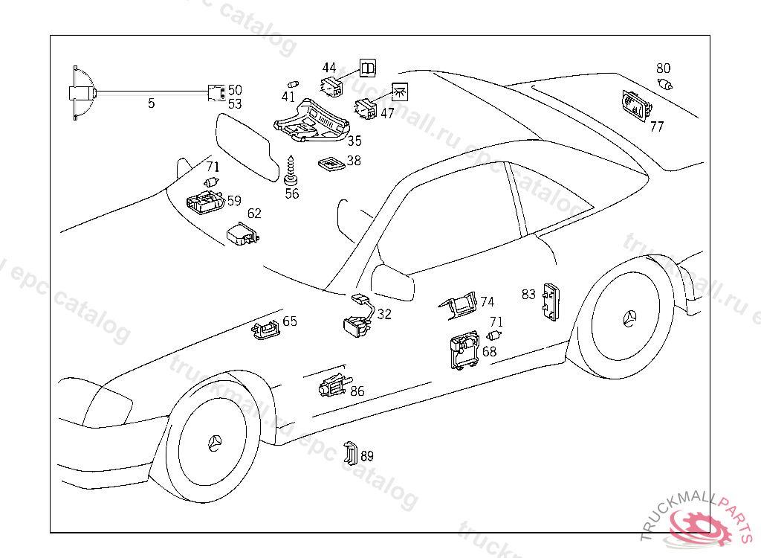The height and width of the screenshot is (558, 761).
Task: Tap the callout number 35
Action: pyautogui.click(x=354, y=141)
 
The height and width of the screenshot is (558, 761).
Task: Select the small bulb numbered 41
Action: pyautogui.click(x=293, y=83)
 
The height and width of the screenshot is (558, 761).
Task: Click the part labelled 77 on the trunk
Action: pyautogui.click(x=634, y=106)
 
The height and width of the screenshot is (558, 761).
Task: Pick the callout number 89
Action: pyautogui.click(x=367, y=456)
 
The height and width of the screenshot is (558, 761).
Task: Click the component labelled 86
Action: pyautogui.click(x=332, y=385)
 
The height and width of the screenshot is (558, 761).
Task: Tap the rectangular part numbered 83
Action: pyautogui.click(x=551, y=301)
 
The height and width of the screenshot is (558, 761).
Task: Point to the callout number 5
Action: pyautogui.click(x=151, y=103)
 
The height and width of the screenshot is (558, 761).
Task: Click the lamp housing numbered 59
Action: pyautogui.click(x=204, y=201)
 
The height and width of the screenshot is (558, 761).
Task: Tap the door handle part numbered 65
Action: pyautogui.click(x=265, y=327)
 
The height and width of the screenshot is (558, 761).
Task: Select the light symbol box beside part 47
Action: pyautogui.click(x=401, y=92)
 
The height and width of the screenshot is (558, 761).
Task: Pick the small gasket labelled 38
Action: pyautogui.click(x=329, y=163)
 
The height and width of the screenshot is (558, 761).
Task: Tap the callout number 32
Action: pyautogui.click(x=383, y=314)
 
